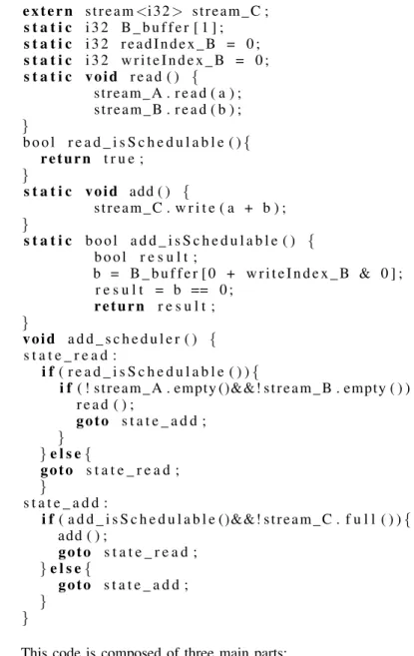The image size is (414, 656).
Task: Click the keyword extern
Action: [x=48, y=11]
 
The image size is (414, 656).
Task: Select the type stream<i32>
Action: [x=134, y=11]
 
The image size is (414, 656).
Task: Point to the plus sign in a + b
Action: [x=248, y=209]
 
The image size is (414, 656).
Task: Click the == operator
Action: [x=200, y=291]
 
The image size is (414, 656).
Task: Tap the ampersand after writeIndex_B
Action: [x=365, y=274]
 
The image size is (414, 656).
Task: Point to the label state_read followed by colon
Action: [x=70, y=355]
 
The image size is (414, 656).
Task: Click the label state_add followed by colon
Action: [x=65, y=503]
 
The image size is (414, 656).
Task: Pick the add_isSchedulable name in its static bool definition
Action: [x=205, y=241]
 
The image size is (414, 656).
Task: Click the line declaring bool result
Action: [x=146, y=258]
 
